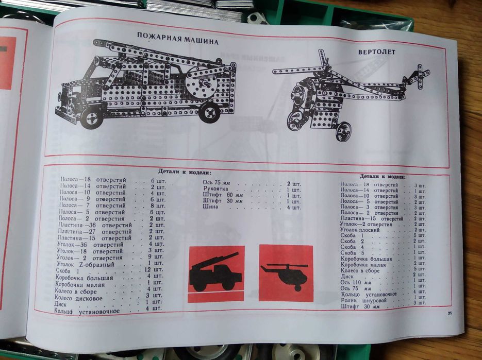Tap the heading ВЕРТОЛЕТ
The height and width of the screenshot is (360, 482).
click(x=376, y=52)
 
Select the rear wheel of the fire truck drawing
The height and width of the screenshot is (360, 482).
click(x=210, y=111)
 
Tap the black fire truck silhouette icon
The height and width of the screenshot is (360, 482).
click(x=215, y=273)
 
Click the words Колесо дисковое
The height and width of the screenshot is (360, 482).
click(x=79, y=297)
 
